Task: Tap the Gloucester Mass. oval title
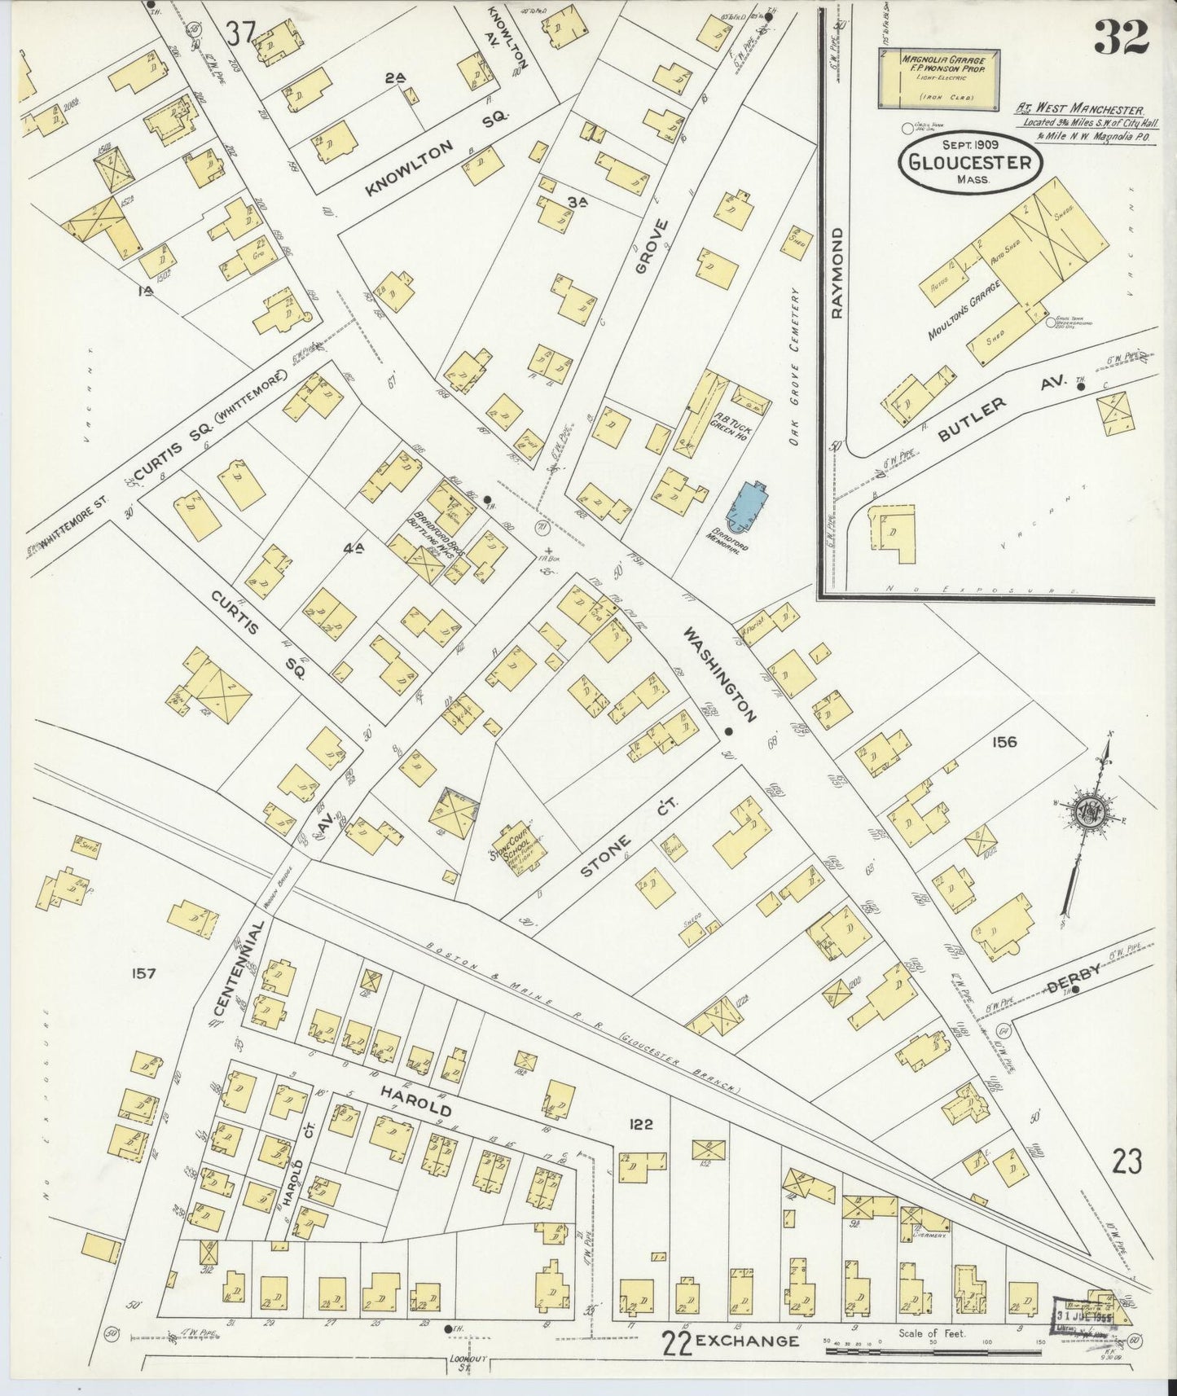click(x=970, y=161)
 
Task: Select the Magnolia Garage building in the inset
click(x=938, y=79)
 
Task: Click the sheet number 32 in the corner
click(x=1121, y=37)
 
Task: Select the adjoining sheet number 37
click(x=241, y=33)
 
